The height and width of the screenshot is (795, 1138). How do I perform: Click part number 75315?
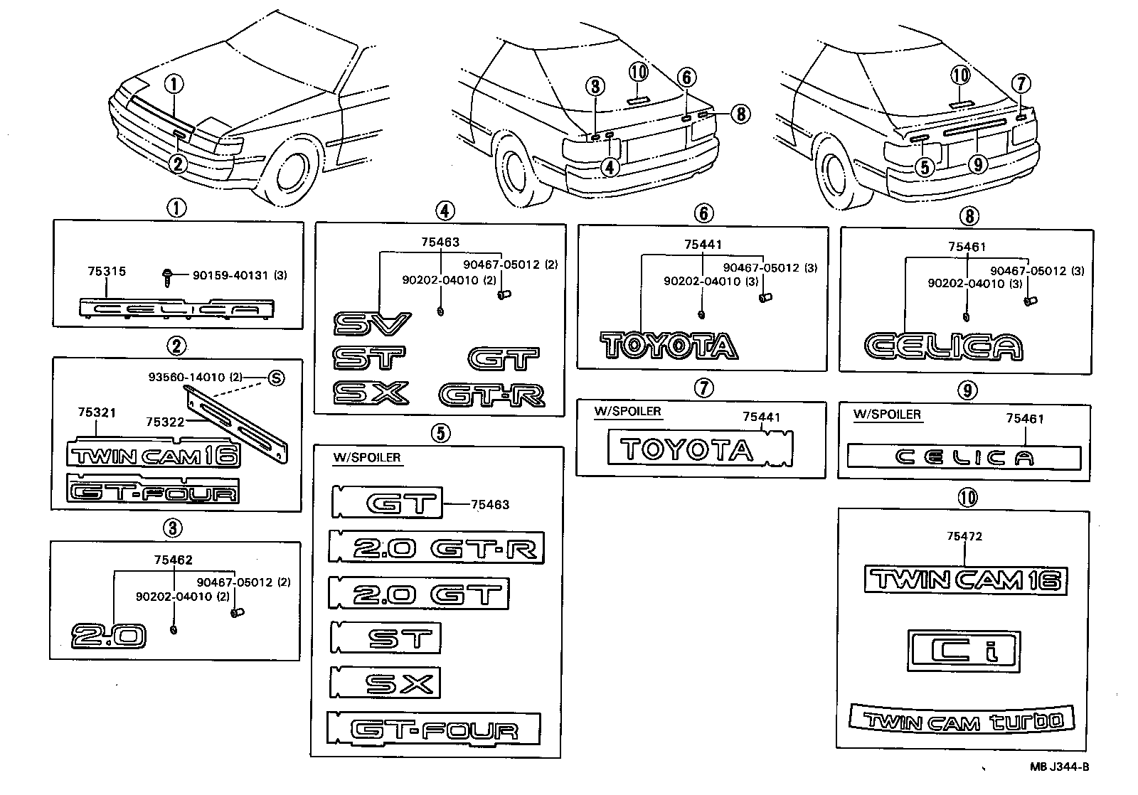point(106,271)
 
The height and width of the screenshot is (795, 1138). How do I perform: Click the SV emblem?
point(372,326)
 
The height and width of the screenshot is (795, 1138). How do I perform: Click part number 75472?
point(964,536)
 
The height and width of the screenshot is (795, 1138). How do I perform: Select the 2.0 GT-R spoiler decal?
point(437,548)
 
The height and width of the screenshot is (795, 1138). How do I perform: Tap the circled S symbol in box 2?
point(275,378)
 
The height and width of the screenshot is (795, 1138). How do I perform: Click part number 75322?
point(165,422)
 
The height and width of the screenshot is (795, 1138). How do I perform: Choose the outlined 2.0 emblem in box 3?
point(109,635)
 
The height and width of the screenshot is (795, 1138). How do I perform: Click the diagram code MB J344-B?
point(1059,767)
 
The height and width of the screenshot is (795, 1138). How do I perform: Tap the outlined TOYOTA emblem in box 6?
point(669,346)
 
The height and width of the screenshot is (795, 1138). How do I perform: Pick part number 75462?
point(173,560)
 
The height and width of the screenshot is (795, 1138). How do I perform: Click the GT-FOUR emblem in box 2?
point(152,491)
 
